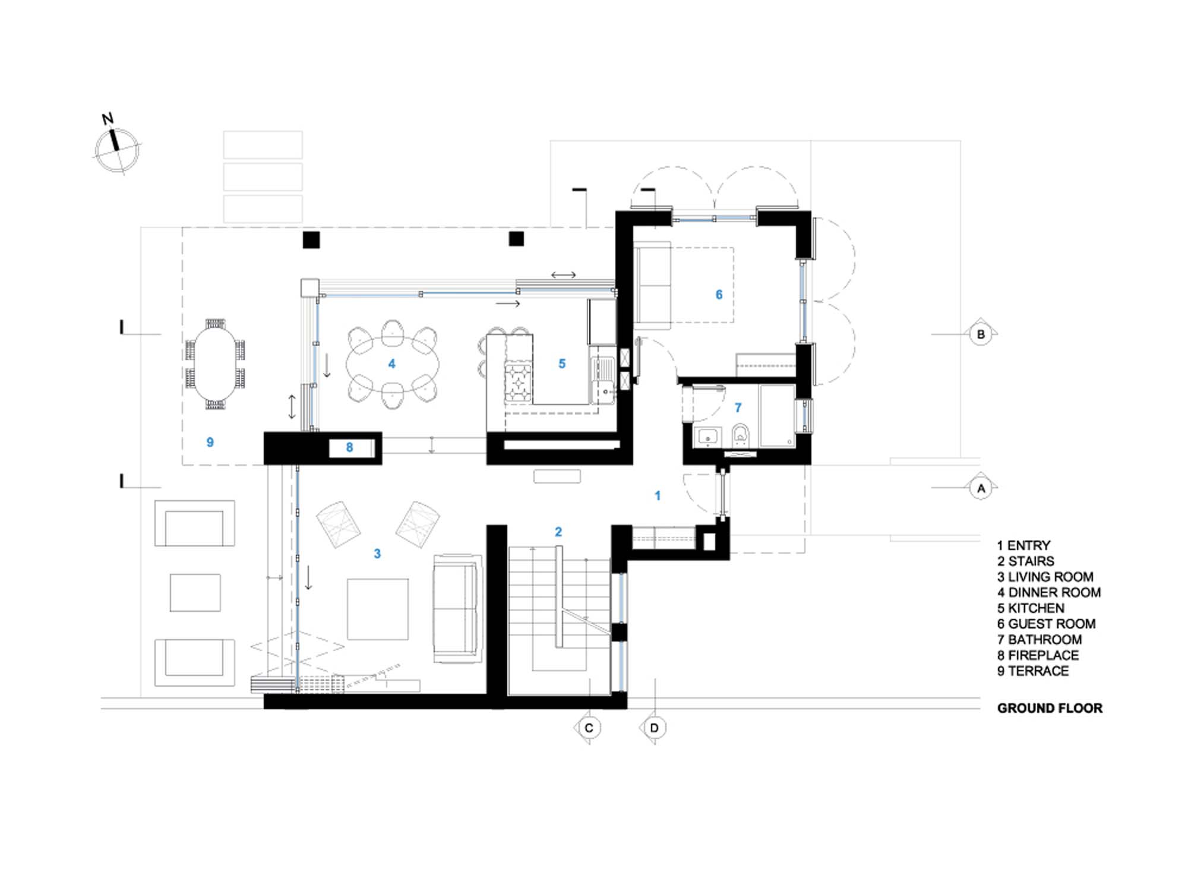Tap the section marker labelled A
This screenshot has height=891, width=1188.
tap(981, 488)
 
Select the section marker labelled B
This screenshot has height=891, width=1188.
tap(981, 334)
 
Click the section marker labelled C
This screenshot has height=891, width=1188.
tap(589, 728)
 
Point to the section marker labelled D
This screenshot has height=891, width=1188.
tap(654, 728)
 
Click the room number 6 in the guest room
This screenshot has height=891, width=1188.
tap(719, 295)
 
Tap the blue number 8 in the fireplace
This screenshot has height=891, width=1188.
tap(349, 447)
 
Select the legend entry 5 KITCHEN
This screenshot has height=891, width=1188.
tap(1031, 608)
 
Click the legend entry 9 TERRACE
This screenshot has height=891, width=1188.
tap(1033, 671)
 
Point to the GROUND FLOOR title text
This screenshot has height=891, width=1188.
tap(1050, 708)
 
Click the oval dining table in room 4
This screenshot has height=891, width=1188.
tap(393, 364)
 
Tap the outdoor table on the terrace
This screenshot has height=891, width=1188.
tap(215, 364)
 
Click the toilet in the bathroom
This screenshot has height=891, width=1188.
tap(740, 434)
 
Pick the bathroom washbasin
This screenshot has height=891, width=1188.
tap(707, 436)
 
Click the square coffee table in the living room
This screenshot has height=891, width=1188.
tap(378, 609)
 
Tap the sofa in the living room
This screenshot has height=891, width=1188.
tap(456, 609)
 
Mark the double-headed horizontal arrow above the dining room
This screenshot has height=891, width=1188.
tap(563, 274)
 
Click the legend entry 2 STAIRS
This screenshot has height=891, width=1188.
tap(1026, 561)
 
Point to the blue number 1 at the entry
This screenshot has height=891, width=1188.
tap(658, 495)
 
